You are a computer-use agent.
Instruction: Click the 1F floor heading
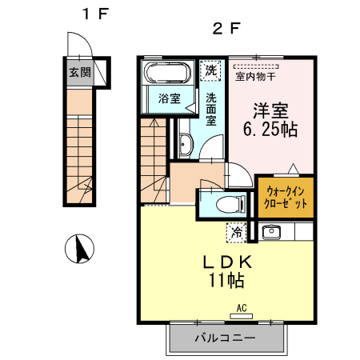point(95,14)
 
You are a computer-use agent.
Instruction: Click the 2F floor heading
point(226,28)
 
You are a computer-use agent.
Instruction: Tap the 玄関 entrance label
point(80,72)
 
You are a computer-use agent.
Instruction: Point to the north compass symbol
point(79,249)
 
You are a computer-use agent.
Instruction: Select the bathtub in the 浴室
point(167,73)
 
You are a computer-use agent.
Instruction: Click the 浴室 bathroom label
point(170,98)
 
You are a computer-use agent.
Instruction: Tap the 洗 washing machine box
point(210,70)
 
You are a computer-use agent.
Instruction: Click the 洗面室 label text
point(211,109)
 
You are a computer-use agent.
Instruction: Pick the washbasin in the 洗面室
point(185,144)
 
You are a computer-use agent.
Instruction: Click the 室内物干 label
point(255,77)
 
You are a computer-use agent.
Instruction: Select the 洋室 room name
point(270,110)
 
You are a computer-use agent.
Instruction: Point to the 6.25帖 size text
point(270,130)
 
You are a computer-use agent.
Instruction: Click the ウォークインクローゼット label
point(286,198)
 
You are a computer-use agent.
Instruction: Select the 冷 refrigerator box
point(236,233)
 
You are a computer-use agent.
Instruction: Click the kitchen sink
point(271,232)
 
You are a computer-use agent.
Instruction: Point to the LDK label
point(227,262)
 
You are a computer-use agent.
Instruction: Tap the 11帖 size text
point(226,280)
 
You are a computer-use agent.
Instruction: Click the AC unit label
point(242,308)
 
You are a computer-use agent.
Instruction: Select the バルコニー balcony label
point(226,338)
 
